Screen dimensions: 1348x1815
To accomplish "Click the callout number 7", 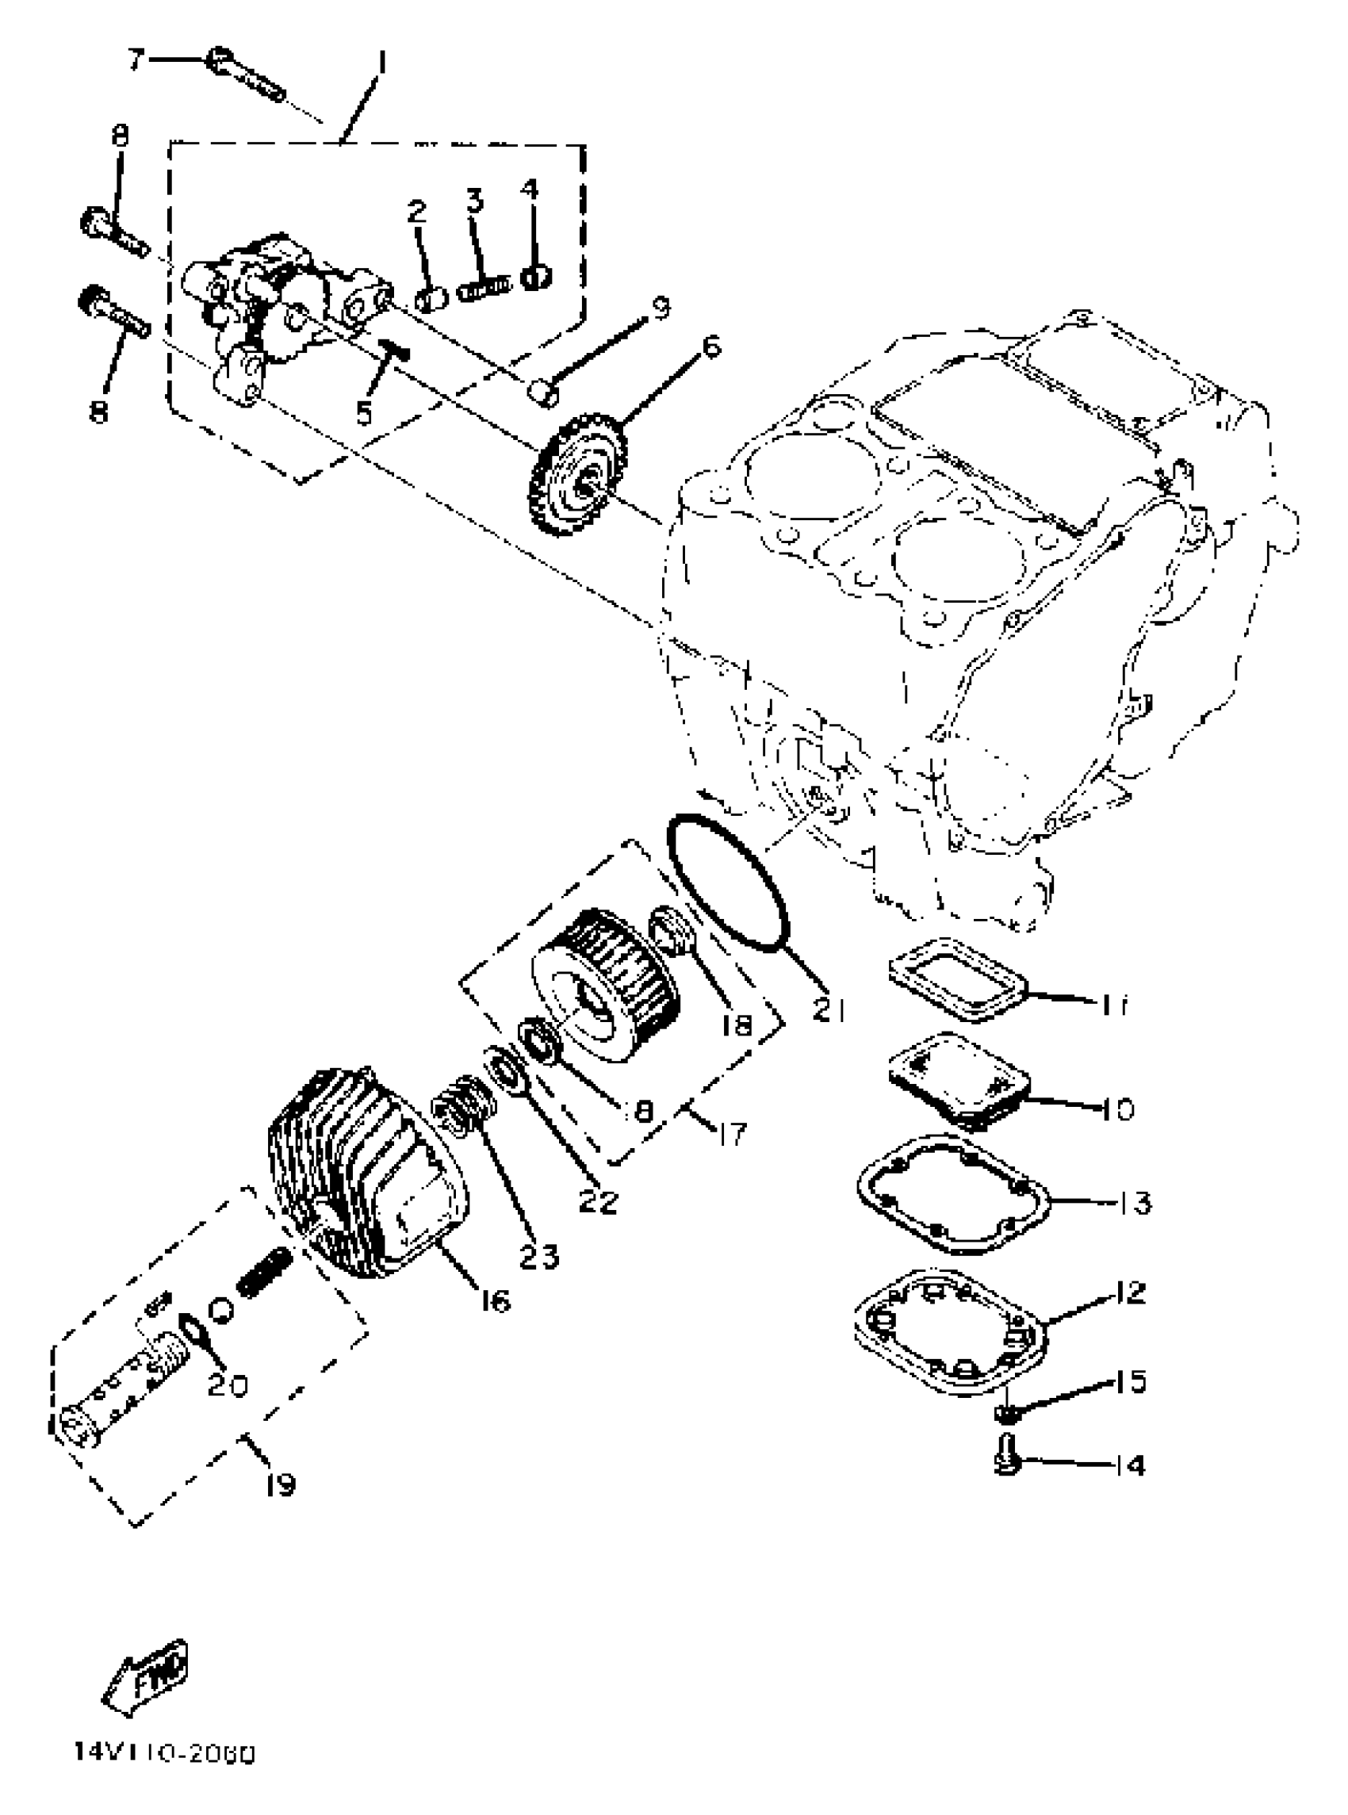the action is pos(136,59).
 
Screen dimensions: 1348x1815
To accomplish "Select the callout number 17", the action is pos(733,1133).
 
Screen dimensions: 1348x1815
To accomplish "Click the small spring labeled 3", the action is pos(484,288).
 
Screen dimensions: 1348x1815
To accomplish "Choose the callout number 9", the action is pos(661,308).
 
